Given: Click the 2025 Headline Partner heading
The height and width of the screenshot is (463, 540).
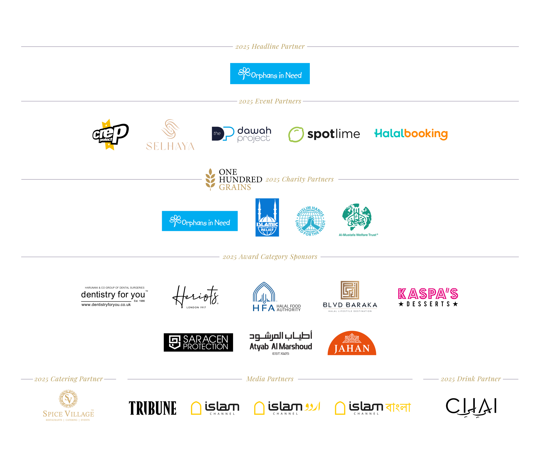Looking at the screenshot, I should point(270,47).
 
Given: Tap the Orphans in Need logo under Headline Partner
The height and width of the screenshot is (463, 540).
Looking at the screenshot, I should point(270,74).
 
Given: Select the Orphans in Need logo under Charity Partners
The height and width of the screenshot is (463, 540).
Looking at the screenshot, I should point(200,221).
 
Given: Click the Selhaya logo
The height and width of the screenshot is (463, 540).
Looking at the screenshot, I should point(170,135).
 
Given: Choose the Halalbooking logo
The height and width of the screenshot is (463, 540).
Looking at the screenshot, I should point(411,134).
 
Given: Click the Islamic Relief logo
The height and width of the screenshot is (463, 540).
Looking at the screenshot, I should point(267,217).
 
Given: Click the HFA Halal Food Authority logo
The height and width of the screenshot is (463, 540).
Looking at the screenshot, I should point(276,297).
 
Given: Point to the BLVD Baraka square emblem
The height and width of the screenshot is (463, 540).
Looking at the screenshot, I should point(350,290).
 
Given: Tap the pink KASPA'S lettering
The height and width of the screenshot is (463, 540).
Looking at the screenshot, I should point(428,294).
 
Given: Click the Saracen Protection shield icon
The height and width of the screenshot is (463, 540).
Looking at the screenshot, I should point(175,342).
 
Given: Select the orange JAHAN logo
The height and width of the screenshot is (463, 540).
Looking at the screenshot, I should point(352,343).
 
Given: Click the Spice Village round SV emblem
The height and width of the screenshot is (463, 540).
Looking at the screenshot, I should point(68,399).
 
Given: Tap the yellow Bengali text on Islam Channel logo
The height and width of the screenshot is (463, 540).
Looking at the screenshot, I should point(398,407).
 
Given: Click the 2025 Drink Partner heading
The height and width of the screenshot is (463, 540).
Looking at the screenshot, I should point(471,379).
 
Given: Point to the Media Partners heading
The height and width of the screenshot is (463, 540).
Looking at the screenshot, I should point(270,379).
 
